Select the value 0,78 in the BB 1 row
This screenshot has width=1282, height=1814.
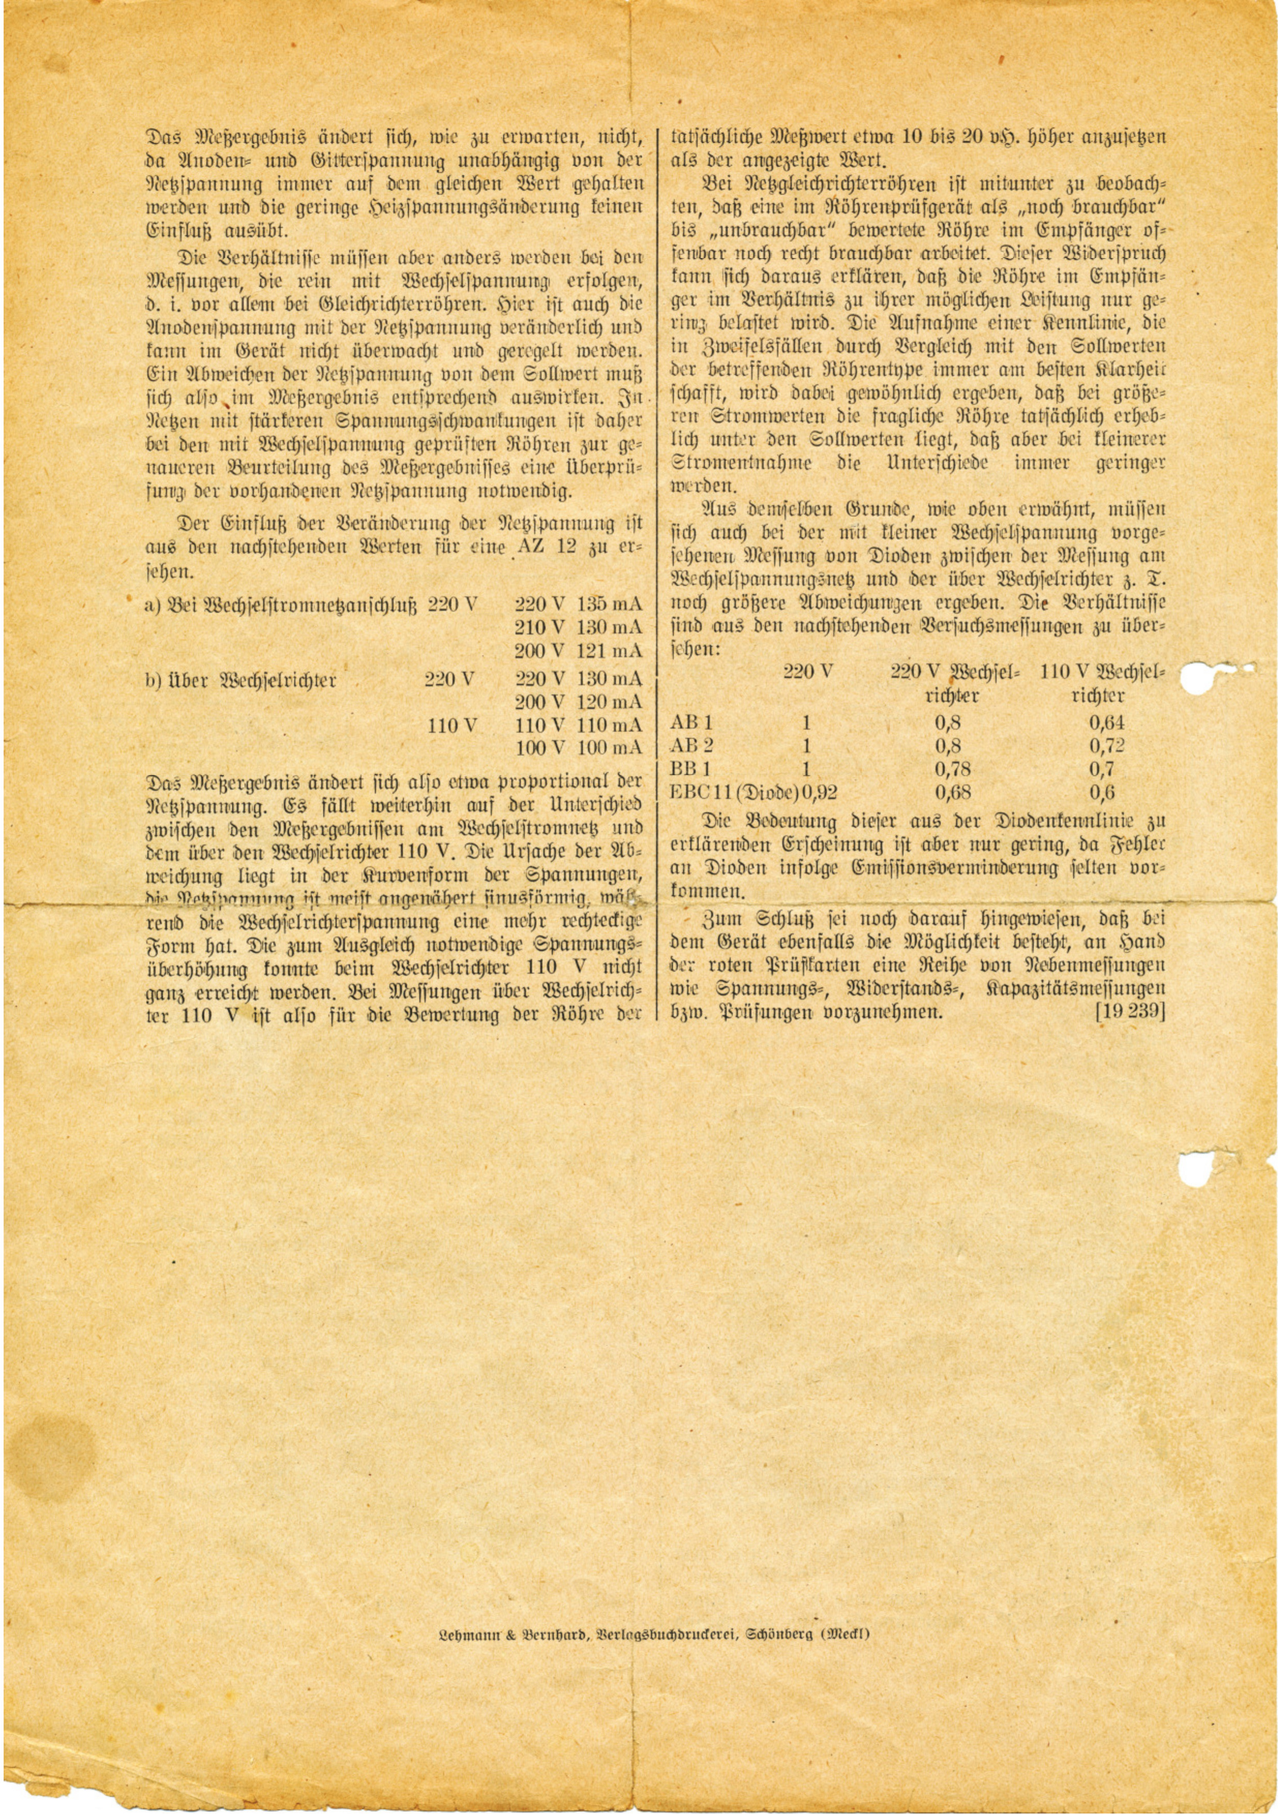(953, 768)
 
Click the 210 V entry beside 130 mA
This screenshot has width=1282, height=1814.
(539, 627)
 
